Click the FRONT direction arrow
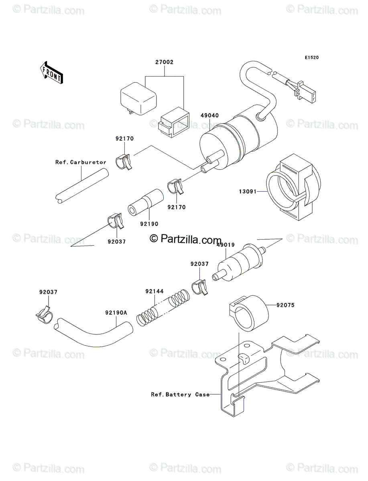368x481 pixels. (51, 73)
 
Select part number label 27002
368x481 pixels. (164, 62)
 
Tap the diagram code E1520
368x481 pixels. (312, 58)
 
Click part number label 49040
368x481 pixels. (209, 115)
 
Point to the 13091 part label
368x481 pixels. (248, 192)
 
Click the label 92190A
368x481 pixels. (116, 313)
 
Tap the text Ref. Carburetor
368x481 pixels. (81, 162)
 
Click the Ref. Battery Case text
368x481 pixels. (180, 395)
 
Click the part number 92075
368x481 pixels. (285, 305)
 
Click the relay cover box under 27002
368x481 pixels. (138, 98)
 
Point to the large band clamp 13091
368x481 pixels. (293, 187)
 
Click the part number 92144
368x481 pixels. (155, 291)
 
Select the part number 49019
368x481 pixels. (226, 245)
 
